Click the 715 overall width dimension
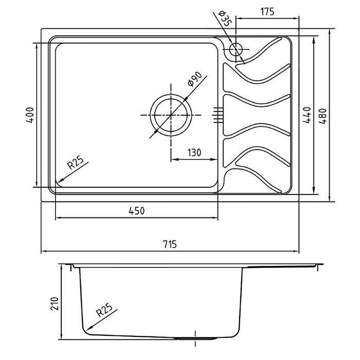click(x=170, y=244)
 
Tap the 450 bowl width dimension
click(x=137, y=211)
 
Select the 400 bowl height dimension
click(x=30, y=115)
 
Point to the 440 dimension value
click(x=307, y=115)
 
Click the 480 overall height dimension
click(x=322, y=116)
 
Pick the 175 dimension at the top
click(x=267, y=11)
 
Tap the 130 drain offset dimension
click(x=194, y=153)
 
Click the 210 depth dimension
click(x=55, y=303)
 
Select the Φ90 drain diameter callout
click(x=195, y=79)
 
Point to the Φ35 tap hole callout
click(x=225, y=19)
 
